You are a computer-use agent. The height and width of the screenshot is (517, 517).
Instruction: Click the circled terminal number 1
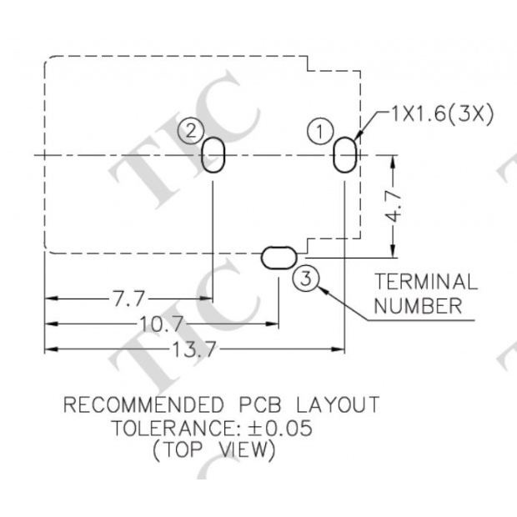pyautogui.click(x=319, y=131)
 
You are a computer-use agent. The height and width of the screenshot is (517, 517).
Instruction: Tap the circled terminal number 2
pyautogui.click(x=192, y=130)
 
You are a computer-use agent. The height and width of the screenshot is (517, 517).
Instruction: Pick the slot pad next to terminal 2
pyautogui.click(x=213, y=155)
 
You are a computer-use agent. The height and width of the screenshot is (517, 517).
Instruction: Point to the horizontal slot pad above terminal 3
pyautogui.click(x=279, y=258)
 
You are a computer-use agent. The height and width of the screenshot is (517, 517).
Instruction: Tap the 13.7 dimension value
pyautogui.click(x=194, y=350)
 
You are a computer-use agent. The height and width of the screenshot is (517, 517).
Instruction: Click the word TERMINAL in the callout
pyautogui.click(x=425, y=282)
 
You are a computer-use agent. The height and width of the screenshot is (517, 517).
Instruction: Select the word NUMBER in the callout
pyautogui.click(x=417, y=306)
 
